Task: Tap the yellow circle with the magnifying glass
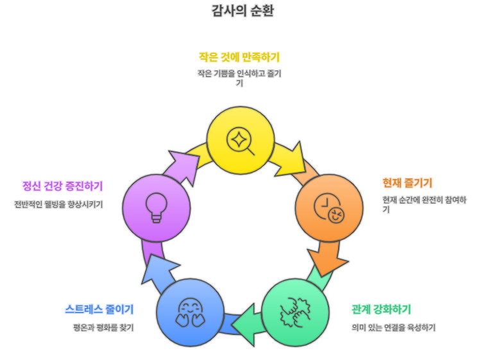240,140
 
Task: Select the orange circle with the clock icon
329,207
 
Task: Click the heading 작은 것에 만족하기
239,57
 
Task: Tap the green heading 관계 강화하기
381,309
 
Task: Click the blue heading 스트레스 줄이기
99,309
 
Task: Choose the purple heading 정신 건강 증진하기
62,186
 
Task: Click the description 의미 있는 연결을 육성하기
393,327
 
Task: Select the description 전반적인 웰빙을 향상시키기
58,205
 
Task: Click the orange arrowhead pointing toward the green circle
323,260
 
